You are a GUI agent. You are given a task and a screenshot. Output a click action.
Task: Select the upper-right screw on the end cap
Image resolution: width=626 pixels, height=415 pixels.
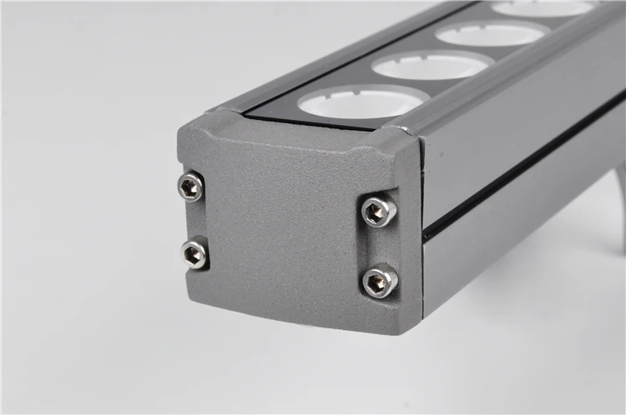378,211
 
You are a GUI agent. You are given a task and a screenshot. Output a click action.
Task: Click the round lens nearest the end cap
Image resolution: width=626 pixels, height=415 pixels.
362,102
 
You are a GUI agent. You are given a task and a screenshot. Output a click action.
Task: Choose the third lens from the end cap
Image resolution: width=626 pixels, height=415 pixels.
489,34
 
